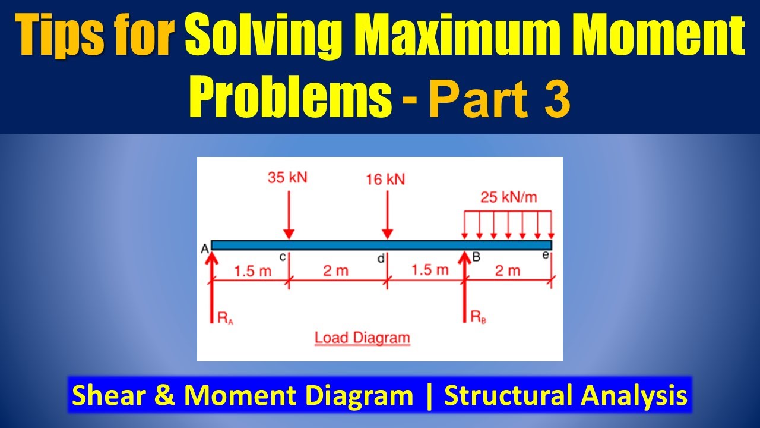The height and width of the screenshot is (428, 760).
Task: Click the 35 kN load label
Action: point(288,178)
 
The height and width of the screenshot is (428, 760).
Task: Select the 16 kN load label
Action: point(385,180)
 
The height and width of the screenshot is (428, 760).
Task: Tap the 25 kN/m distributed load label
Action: point(509,197)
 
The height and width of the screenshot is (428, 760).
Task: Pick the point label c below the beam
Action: point(283,256)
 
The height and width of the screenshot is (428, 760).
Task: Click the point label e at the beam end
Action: point(547,256)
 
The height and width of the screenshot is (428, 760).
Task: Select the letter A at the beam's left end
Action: point(204,249)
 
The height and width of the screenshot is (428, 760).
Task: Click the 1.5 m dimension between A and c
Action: point(252,272)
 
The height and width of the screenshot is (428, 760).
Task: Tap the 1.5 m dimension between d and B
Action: point(430,270)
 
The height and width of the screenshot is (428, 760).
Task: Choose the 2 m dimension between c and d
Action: point(336,272)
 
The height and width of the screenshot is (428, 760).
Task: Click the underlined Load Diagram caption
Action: point(362,338)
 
